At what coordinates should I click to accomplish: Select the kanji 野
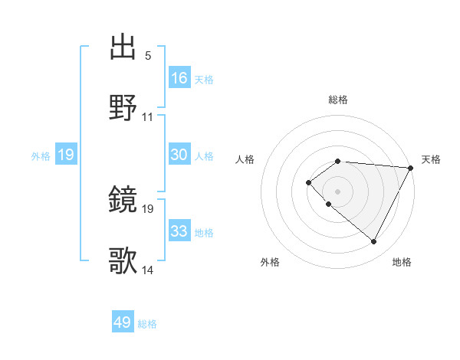click(x=124, y=108)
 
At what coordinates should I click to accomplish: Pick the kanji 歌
click(x=124, y=261)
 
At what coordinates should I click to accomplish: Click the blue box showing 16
click(x=179, y=78)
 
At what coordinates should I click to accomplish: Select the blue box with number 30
click(x=179, y=155)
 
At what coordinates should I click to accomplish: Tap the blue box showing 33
click(x=179, y=231)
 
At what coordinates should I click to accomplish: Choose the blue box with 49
click(x=123, y=322)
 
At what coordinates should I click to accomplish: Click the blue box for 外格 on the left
click(x=66, y=155)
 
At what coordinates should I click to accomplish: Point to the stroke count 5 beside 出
click(x=147, y=56)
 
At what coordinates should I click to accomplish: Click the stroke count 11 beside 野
click(x=148, y=117)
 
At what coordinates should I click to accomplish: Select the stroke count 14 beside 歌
click(x=148, y=270)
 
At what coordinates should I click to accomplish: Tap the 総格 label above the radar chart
click(x=338, y=100)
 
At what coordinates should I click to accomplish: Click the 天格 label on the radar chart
click(x=431, y=159)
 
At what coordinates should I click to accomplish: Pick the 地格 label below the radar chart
click(x=402, y=262)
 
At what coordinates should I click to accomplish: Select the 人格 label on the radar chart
click(x=245, y=159)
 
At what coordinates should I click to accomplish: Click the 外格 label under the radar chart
click(x=270, y=262)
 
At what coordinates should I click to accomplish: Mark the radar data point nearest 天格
click(x=411, y=168)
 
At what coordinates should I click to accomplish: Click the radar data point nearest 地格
click(x=373, y=242)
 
